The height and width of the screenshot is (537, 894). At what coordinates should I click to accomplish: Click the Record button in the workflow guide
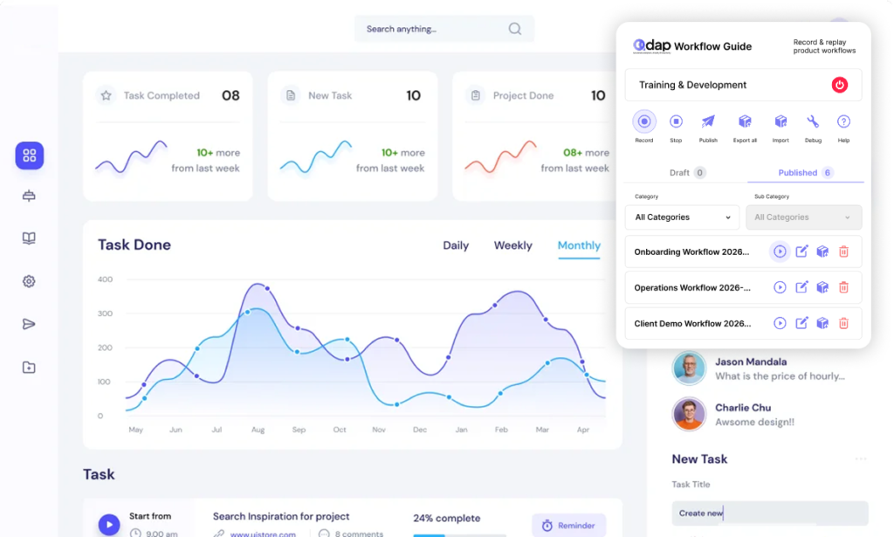[x=644, y=122]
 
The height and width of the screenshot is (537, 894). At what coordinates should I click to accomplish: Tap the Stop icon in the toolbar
[x=676, y=122]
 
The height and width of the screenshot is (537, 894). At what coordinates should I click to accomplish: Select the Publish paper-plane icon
[x=708, y=122]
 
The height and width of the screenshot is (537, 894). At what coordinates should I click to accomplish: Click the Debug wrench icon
[x=813, y=122]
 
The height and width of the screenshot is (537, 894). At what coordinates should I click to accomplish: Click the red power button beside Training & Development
[x=839, y=85]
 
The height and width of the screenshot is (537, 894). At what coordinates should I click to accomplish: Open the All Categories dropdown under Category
[x=683, y=217]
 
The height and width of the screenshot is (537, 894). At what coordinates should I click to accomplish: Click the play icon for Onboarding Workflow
[x=780, y=251]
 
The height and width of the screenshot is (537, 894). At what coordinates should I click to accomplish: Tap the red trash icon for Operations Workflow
[x=843, y=287]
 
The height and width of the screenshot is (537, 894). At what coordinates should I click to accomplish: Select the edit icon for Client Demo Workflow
[x=801, y=323]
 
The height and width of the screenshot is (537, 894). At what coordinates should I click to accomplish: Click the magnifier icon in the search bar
[x=515, y=29]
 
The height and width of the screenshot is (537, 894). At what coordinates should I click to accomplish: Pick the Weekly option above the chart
[x=512, y=245]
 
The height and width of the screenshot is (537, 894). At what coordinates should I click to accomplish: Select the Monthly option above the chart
[x=579, y=245]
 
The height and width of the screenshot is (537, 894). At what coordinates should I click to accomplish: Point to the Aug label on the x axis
[x=258, y=430]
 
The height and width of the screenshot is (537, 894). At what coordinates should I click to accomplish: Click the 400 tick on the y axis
[x=105, y=279]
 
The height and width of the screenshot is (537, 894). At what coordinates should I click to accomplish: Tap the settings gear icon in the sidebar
[x=29, y=281]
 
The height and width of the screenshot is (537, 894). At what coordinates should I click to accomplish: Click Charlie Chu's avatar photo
[x=689, y=414]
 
